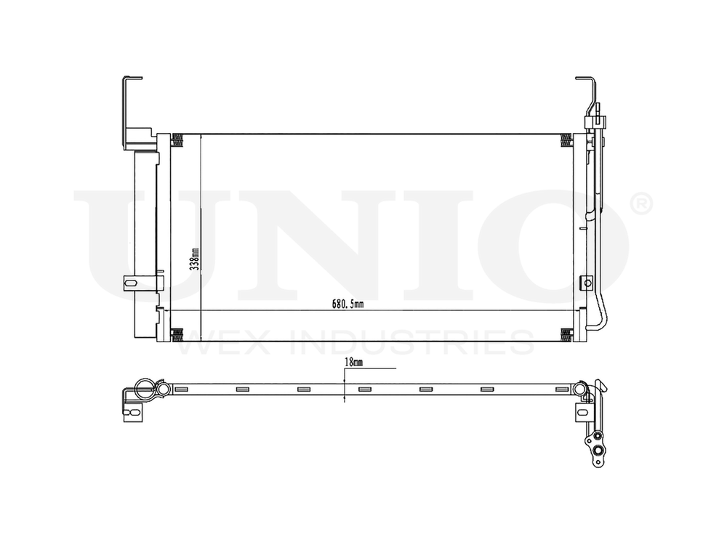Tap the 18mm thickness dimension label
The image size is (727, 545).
click(353, 360)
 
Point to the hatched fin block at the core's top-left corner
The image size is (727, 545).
click(176, 140)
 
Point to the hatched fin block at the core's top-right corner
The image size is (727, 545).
click(566, 140)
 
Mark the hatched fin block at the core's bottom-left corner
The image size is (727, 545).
click(176, 334)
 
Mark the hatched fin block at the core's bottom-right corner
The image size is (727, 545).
click(566, 334)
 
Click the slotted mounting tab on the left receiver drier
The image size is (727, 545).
click(129, 283)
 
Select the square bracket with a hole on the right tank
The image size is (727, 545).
click(586, 282)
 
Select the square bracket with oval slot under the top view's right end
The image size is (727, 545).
click(583, 410)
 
